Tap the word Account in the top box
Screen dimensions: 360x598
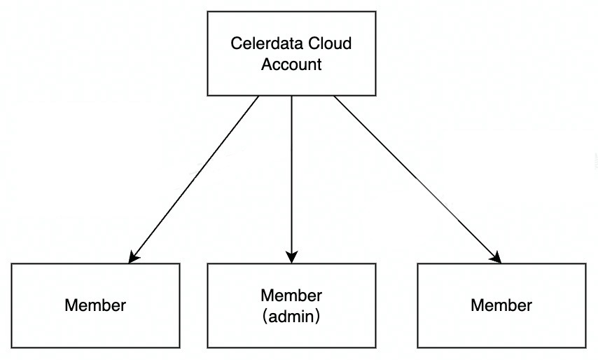(291, 65)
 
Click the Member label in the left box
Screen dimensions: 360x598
(95, 305)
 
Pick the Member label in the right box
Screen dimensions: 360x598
(501, 305)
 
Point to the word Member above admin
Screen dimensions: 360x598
(291, 295)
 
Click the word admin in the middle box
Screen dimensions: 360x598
(291, 316)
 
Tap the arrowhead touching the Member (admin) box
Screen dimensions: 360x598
(291, 258)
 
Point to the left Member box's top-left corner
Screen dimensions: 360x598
(12, 264)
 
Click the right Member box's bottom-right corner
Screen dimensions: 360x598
(585, 348)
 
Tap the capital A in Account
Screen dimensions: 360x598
(266, 65)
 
